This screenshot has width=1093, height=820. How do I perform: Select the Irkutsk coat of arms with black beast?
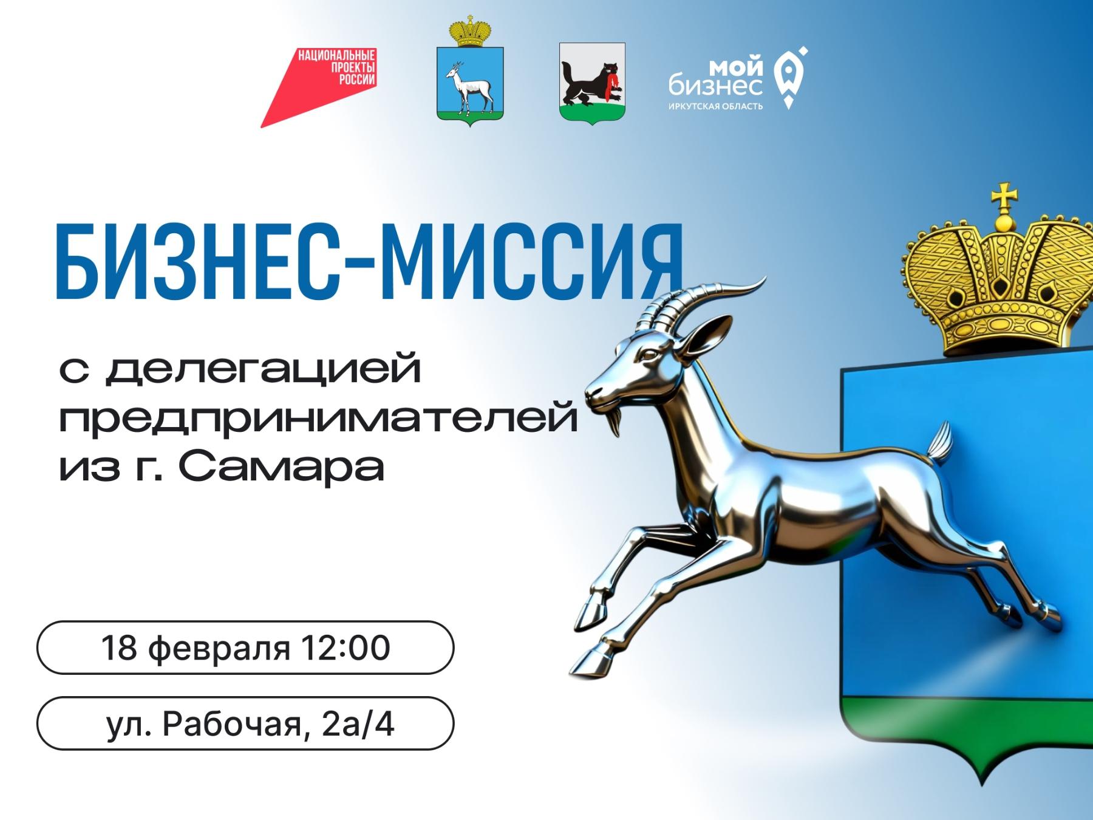point(592,83)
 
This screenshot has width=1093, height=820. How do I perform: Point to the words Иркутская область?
point(715,107)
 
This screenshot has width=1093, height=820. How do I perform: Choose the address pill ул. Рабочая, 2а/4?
point(245,723)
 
